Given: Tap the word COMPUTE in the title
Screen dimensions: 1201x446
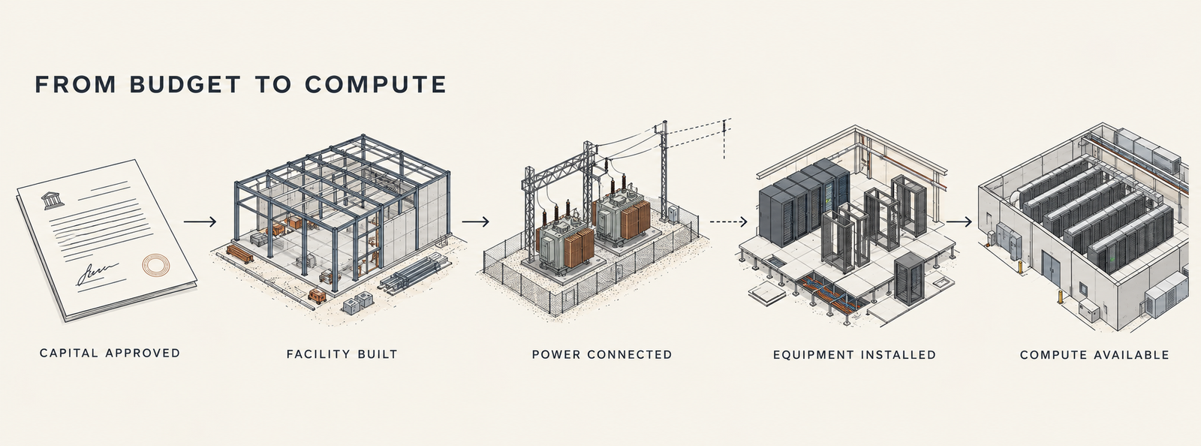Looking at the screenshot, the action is pos(375,85).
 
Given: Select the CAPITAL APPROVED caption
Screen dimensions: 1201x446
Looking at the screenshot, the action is pos(110,353).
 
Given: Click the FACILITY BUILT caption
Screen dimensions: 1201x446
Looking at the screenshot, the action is pos(342,354).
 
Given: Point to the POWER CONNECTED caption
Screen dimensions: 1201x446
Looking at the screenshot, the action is pos(601,354).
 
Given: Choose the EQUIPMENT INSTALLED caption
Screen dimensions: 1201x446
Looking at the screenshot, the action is pos(855,354).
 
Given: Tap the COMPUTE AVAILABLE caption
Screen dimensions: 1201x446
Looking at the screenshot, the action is pos(1094,354).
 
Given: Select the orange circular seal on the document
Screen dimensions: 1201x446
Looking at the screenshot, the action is pos(155,265).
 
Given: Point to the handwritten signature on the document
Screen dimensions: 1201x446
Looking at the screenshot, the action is pos(97,273).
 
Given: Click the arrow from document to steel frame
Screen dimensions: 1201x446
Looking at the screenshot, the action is pos(200,221).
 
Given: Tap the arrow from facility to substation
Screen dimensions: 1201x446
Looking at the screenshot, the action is pos(475,221).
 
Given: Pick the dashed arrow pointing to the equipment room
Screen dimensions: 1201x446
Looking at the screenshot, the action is pos(729,221).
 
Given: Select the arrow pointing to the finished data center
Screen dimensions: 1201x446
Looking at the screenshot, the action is pos(959,221).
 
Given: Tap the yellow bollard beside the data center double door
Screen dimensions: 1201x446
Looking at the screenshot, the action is pos(1059,297).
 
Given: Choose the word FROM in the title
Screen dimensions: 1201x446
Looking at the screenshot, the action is pos(75,85).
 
